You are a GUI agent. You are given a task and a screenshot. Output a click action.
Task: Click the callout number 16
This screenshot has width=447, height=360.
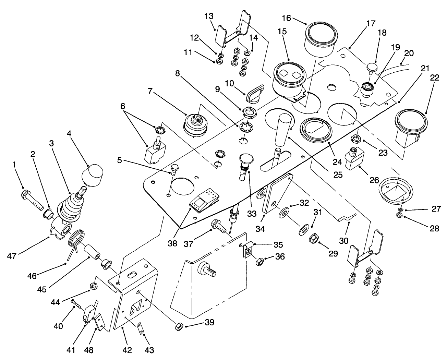click(x=286, y=18)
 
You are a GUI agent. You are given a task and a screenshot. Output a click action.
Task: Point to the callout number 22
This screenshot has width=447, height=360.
click(x=434, y=78)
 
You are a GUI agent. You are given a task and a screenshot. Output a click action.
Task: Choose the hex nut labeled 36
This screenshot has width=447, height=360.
click(x=259, y=262)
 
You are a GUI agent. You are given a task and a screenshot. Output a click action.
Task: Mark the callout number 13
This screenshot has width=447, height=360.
click(x=209, y=16)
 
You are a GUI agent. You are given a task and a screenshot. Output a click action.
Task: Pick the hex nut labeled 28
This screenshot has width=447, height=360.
click(x=399, y=215)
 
